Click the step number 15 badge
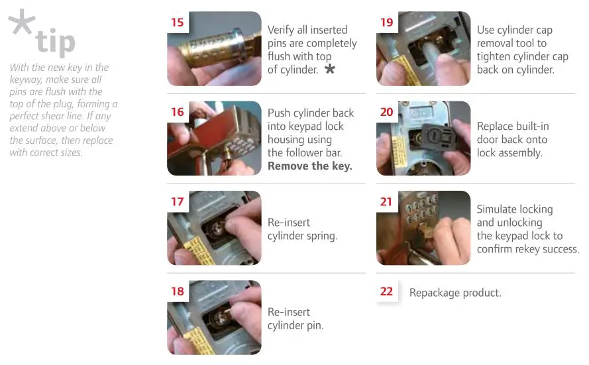coord(178,23)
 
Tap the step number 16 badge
coord(178,112)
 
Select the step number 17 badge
coord(178,201)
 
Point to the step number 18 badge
coord(178,291)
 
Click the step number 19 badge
coord(387,23)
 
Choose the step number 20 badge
coord(387,112)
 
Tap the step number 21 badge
coord(387,201)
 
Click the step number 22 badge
coord(387,291)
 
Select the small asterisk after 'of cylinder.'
coord(329,69)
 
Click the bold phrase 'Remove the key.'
coord(309,166)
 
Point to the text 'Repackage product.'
coord(455,293)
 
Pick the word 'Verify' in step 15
coord(282,30)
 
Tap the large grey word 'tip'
coord(56,41)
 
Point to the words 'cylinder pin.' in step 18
coord(295,326)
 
